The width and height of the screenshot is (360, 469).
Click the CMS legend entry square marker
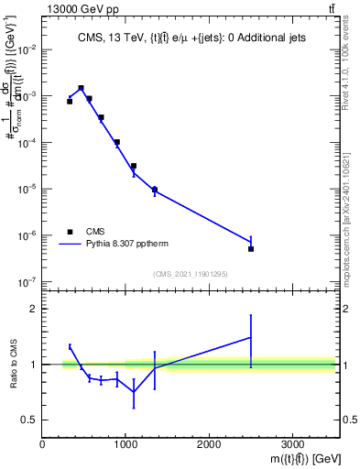pyautogui.click(x=70, y=233)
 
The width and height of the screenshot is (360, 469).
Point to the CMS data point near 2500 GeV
pyautogui.click(x=251, y=248)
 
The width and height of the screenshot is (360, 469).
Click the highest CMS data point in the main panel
pyautogui.click(x=81, y=88)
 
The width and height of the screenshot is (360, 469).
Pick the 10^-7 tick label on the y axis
pyautogui.click(x=27, y=282)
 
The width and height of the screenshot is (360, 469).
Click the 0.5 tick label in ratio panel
pyautogui.click(x=27, y=420)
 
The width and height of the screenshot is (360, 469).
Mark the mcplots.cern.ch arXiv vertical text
pyautogui.click(x=352, y=207)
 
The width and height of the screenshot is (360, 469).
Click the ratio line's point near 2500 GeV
pyautogui.click(x=251, y=337)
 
